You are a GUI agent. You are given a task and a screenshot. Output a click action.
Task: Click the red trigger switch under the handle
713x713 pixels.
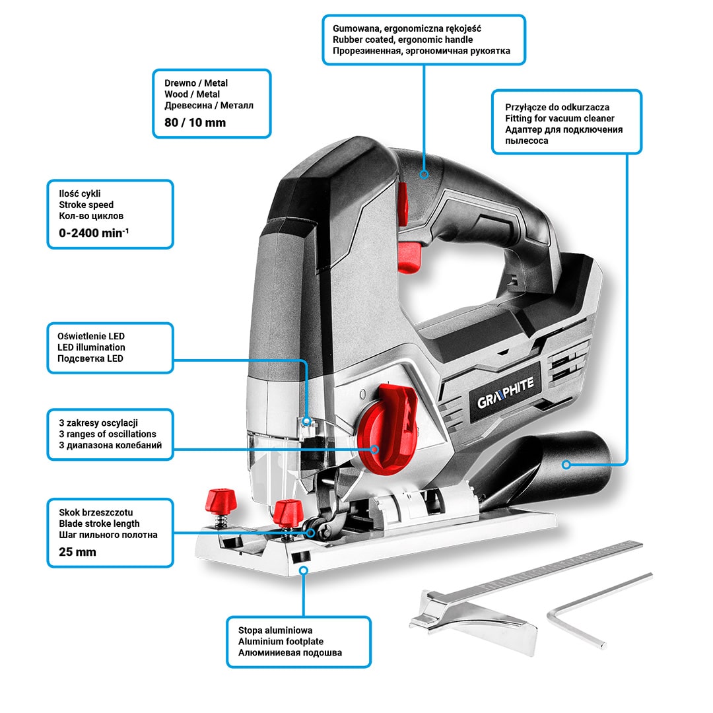click(409, 255)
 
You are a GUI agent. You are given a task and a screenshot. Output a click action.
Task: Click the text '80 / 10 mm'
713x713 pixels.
click(195, 122)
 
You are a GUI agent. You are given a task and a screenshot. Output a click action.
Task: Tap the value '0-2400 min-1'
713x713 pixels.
click(93, 232)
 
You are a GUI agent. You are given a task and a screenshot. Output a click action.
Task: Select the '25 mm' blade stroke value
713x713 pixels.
click(77, 551)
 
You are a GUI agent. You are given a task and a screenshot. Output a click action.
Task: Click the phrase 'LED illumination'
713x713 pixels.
click(91, 347)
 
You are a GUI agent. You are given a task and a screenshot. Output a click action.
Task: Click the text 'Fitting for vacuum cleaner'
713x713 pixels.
click(560, 118)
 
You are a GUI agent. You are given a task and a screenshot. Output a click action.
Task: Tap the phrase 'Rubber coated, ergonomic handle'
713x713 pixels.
click(403, 40)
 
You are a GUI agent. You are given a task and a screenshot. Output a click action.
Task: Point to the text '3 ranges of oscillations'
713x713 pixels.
click(108, 434)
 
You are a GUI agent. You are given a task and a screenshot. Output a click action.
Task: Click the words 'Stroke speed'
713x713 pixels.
click(86, 205)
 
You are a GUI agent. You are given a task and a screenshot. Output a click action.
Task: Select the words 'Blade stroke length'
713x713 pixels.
click(99, 524)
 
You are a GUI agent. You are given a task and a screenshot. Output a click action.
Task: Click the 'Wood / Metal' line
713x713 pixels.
click(192, 94)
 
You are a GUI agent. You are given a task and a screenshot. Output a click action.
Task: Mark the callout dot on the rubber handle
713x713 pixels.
click(424, 175)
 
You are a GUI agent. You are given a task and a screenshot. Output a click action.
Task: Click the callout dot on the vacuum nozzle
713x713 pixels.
click(566, 465)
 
